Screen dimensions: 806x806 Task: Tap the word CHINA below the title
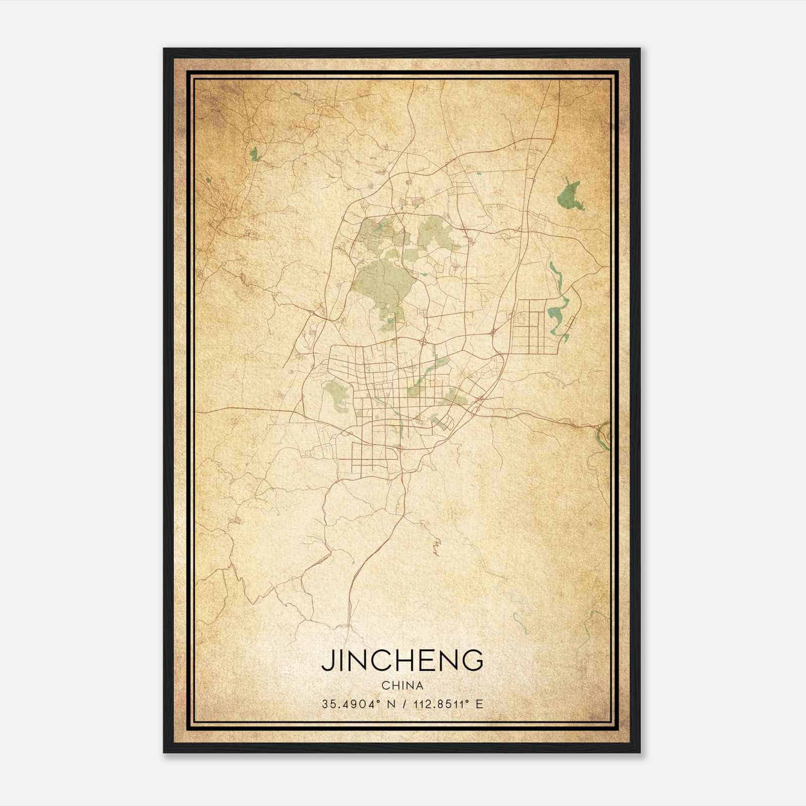point(402,686)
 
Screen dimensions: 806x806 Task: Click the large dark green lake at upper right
point(569,196)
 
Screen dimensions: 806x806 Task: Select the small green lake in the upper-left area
point(253,154)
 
